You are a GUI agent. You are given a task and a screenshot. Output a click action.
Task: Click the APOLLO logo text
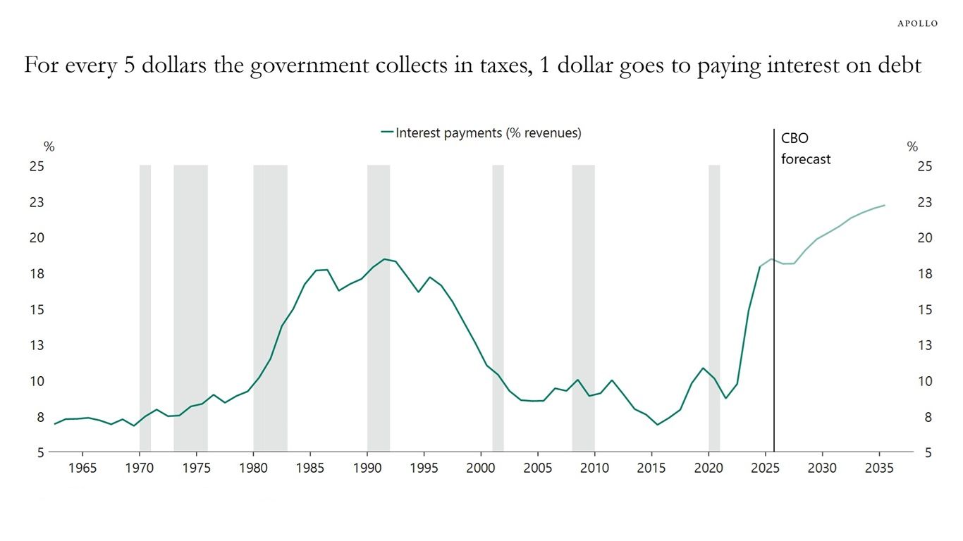[917, 23]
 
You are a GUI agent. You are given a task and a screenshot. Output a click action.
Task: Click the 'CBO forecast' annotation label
[805, 149]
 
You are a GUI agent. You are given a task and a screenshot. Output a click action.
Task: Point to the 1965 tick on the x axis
[82, 468]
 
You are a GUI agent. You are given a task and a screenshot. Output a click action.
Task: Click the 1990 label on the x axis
[367, 468]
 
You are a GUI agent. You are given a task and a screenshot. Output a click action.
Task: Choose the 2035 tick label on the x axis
[879, 468]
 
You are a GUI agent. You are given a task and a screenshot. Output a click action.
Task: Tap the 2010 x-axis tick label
[594, 468]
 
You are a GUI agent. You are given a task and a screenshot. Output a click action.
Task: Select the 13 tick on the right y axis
[924, 345]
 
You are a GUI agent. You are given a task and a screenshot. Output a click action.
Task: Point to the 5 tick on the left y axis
[40, 452]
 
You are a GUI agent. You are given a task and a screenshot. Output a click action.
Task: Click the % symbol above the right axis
[912, 147]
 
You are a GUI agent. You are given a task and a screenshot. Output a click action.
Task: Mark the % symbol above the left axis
[49, 147]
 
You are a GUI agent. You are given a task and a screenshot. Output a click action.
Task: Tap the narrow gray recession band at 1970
[145, 296]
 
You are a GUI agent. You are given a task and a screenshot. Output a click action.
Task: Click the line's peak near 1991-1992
[385, 259]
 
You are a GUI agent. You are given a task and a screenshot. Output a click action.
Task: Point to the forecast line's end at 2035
[884, 205]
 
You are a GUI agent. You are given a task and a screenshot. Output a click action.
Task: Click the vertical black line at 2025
[774, 296]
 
